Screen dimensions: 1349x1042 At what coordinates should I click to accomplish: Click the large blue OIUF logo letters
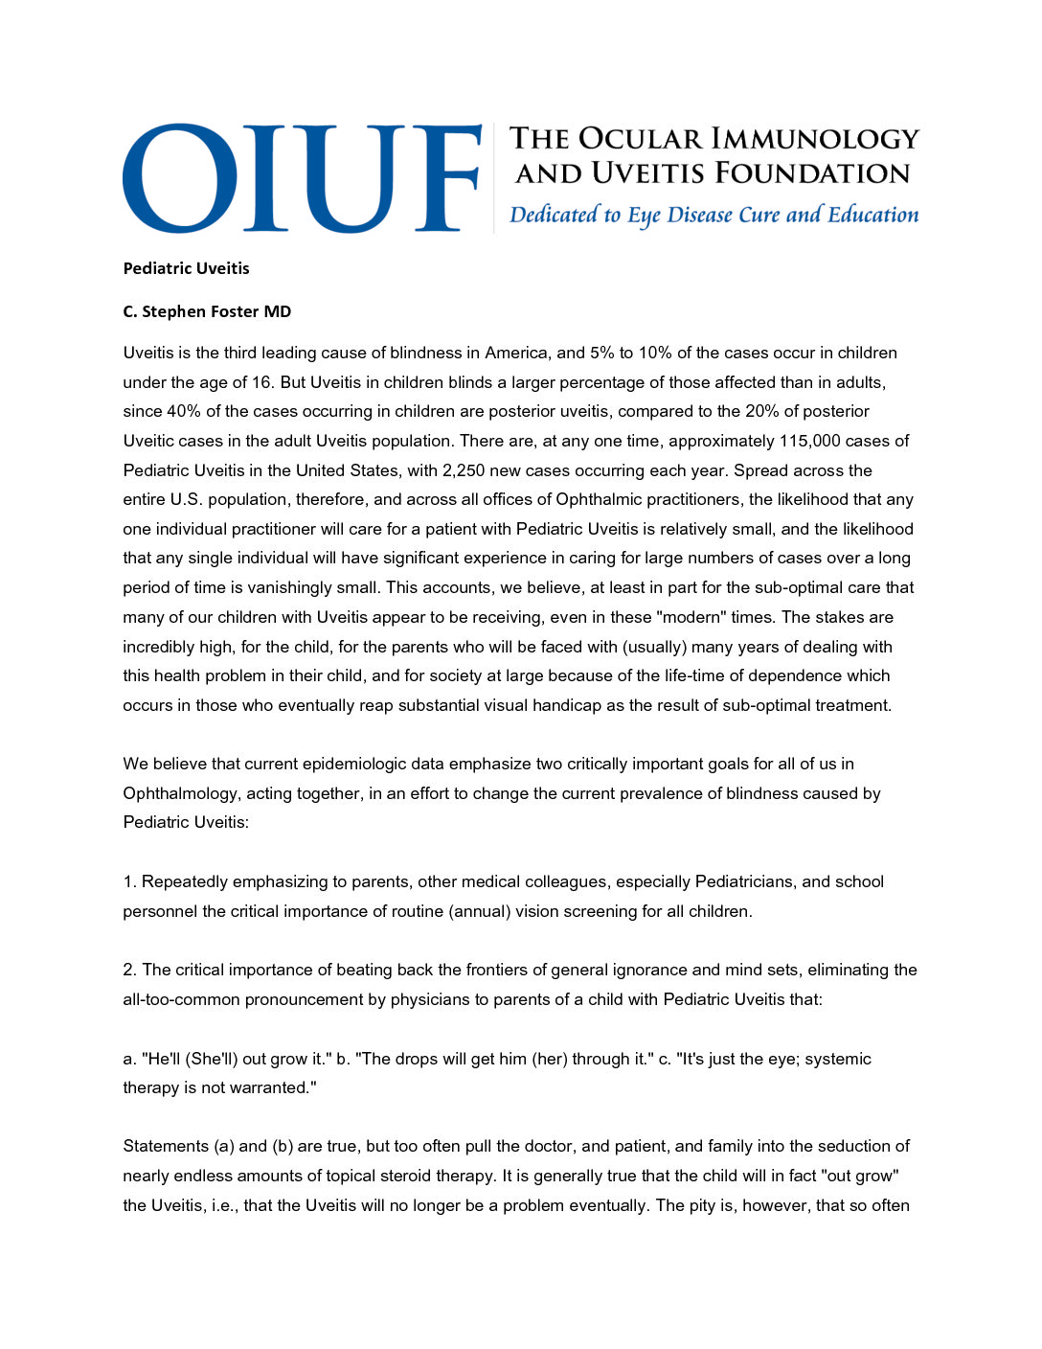(302, 178)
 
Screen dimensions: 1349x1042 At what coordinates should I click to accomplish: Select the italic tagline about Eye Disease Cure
(714, 215)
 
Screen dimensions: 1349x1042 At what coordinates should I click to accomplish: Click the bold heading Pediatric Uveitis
(186, 268)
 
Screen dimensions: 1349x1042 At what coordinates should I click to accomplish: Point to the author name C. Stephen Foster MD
(207, 311)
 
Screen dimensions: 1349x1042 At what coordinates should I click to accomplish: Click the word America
(520, 353)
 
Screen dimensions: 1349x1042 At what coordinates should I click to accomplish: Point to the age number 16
(261, 382)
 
